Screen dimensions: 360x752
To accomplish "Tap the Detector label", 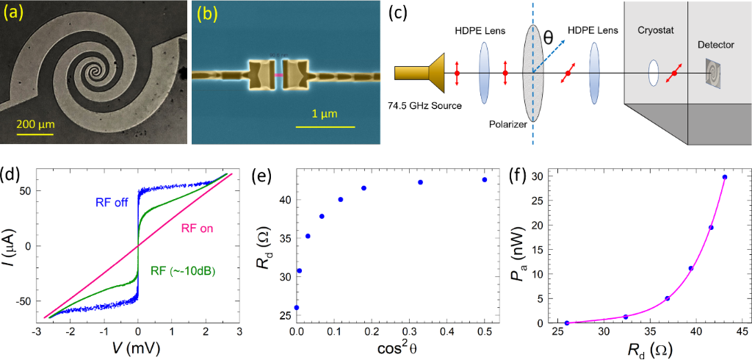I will [x=715, y=45].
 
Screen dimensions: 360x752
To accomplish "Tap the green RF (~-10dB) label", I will [x=188, y=270].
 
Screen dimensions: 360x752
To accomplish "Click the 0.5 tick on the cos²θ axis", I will [x=485, y=331].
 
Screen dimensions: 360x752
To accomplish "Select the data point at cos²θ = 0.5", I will [x=485, y=179].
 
